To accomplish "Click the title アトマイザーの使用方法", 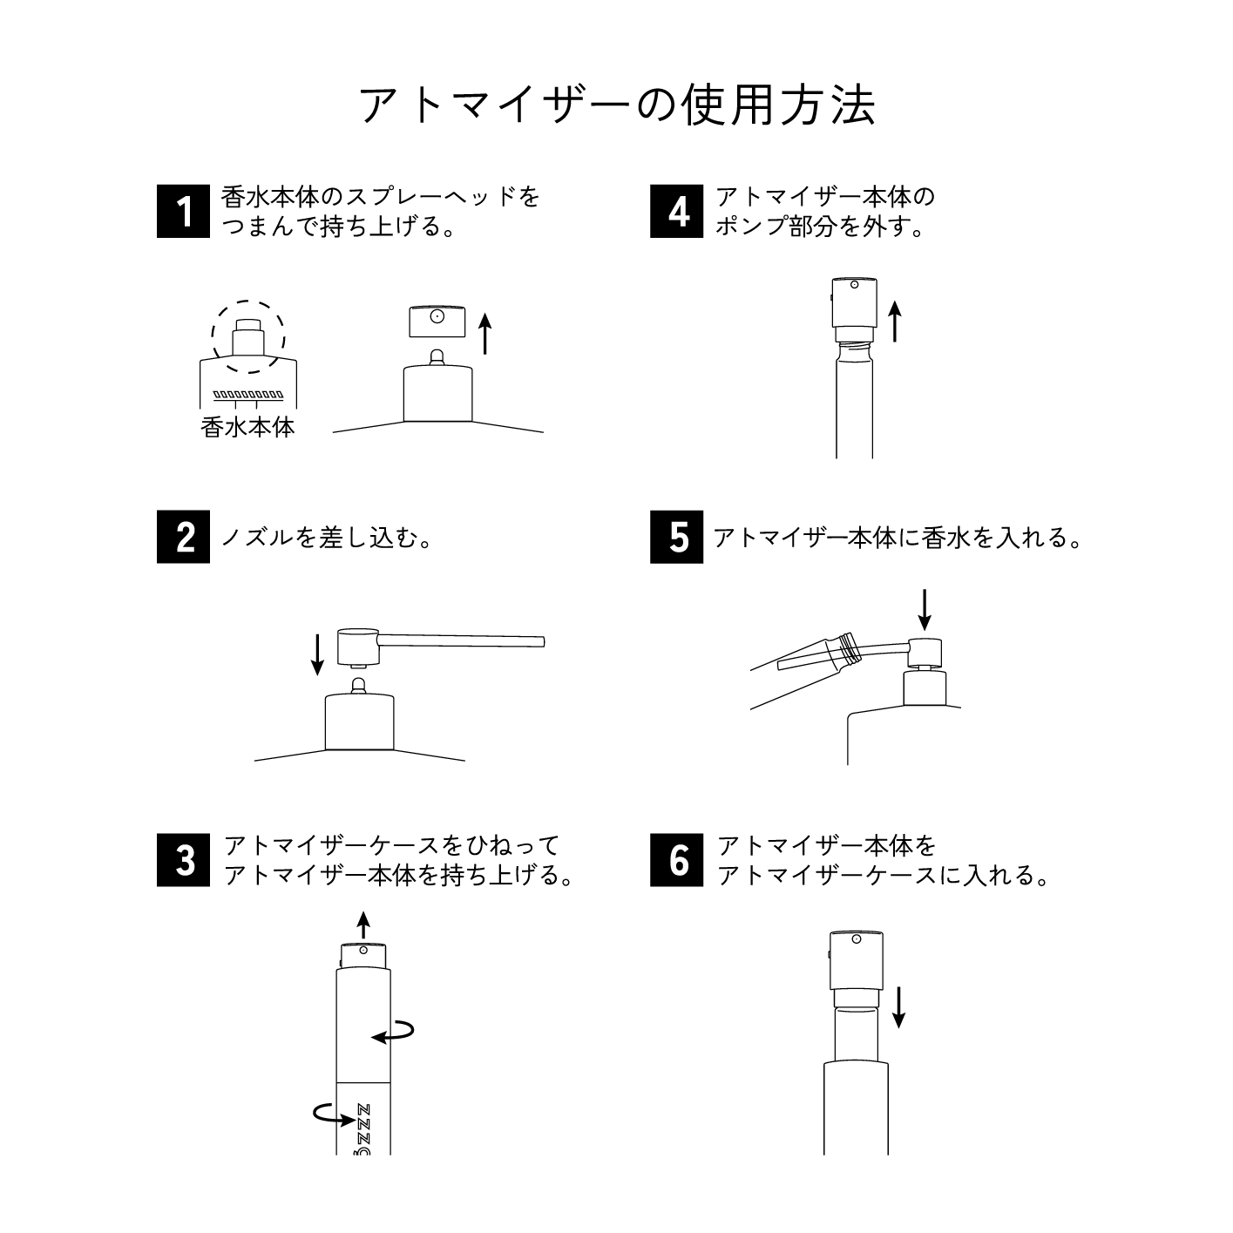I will pos(616,105).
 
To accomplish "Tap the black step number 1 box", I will pos(183,211).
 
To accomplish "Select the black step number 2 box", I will pos(183,537).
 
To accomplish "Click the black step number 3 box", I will pos(183,860).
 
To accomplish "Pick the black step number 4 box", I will pos(676,211).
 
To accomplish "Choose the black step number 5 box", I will pos(676,537).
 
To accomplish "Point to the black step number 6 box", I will pos(676,860).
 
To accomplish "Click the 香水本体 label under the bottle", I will pos(248,427).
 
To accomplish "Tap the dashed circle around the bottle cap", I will pos(248,302).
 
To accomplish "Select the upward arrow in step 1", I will pos(485,335).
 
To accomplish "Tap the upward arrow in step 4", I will pos(894,320).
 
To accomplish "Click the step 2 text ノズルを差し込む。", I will pos(328,538).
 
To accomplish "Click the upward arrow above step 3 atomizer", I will pos(363,925).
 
